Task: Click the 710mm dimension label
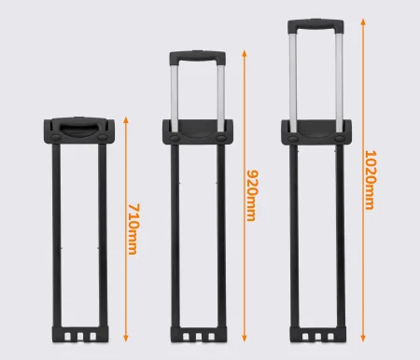coord(133,229)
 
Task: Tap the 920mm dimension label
coord(252,195)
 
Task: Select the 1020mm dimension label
coord(371,180)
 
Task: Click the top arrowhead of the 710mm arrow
coord(126,120)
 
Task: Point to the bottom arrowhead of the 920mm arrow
coord(245,338)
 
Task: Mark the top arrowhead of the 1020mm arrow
coord(363,22)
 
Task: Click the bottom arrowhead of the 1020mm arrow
coord(363,338)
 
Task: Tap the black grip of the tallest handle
coord(315,25)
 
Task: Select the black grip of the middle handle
coord(198,57)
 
